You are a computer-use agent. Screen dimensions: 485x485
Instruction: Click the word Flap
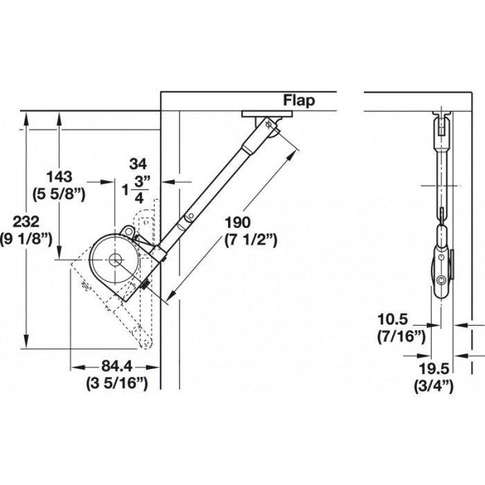click(x=299, y=100)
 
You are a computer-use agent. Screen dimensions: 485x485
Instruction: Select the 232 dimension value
click(x=26, y=222)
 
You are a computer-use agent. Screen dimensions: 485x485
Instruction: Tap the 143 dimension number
click(x=59, y=177)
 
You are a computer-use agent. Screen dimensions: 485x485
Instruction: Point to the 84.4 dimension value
click(x=117, y=367)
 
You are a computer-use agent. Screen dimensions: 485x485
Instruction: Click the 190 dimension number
click(x=237, y=222)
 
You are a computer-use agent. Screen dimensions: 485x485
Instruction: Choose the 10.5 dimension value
click(x=393, y=319)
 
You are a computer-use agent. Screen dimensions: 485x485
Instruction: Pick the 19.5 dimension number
click(x=434, y=369)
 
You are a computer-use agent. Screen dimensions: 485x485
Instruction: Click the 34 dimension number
click(x=138, y=164)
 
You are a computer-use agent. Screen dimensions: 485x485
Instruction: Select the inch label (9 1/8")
click(x=26, y=239)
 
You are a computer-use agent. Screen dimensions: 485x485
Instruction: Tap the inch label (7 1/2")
click(x=251, y=240)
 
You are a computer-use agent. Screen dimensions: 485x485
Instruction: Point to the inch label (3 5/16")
click(x=117, y=383)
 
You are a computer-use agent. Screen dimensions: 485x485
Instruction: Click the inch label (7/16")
click(x=401, y=336)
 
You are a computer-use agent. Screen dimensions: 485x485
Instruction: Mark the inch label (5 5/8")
click(x=59, y=194)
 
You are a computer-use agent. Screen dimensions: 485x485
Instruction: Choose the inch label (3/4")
click(x=434, y=386)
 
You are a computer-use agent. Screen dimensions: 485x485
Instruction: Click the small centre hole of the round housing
click(x=115, y=260)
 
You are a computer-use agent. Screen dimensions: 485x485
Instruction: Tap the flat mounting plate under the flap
click(x=267, y=114)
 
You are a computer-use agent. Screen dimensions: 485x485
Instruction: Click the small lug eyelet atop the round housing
click(x=127, y=231)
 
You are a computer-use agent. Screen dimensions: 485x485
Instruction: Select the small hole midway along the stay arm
click(x=191, y=215)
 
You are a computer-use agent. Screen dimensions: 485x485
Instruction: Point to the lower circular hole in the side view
click(x=441, y=280)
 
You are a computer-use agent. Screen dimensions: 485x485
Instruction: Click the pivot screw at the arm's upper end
click(x=268, y=125)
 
